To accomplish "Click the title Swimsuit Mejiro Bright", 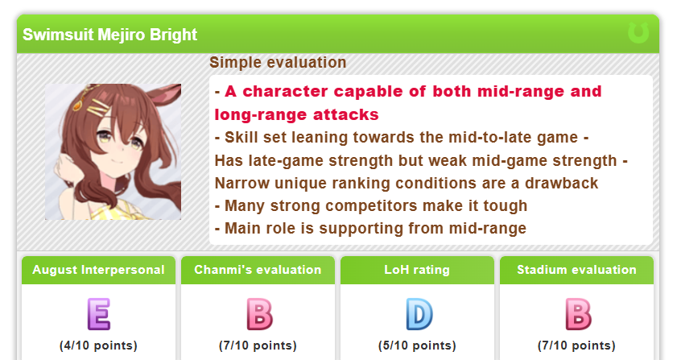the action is pos(109,35).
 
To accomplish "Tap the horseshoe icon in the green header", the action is pos(638,33).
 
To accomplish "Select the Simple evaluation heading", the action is pos(278,62).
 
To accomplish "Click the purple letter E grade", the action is pos(99,314).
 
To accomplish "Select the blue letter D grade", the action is pos(419,314).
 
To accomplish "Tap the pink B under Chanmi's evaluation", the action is pos(259,314).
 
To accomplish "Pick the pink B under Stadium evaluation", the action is pos(578,314).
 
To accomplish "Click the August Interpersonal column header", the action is pos(98,270).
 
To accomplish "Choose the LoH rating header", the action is pos(417,270).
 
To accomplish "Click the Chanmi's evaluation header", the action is pos(258,270).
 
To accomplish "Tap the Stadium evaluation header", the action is pos(577,270).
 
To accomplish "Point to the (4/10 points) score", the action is pos(98,346).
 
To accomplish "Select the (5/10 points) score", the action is pos(417,346).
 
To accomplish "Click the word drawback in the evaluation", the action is pos(561,184).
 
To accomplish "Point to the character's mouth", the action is pos(116,163).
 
